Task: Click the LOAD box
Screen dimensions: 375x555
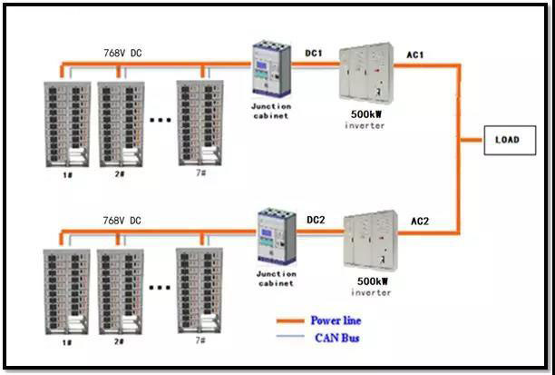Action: pyautogui.click(x=505, y=142)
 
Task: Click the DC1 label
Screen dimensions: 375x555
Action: pyautogui.click(x=314, y=54)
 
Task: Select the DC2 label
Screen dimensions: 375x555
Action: pyautogui.click(x=316, y=221)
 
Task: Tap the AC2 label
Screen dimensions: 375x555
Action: pyautogui.click(x=420, y=221)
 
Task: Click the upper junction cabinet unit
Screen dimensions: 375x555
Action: pyautogui.click(x=271, y=71)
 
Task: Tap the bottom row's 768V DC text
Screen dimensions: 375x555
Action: pyautogui.click(x=122, y=221)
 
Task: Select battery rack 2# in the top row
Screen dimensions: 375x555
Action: pyautogui.click(x=121, y=123)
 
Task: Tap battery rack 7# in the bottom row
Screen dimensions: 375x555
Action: pyautogui.click(x=200, y=287)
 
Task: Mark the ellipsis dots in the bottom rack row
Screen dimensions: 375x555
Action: pyautogui.click(x=160, y=287)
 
